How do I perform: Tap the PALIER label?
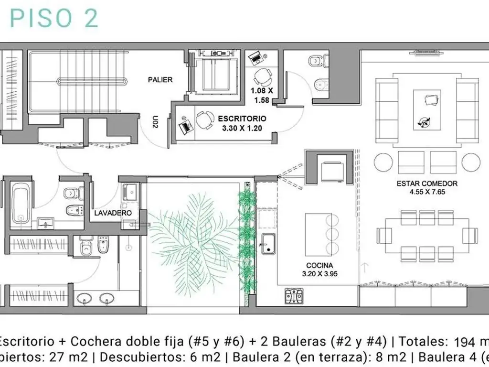[160, 80]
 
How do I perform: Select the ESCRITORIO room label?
[242, 118]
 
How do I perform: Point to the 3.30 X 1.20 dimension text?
[242, 128]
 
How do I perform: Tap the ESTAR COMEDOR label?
[426, 183]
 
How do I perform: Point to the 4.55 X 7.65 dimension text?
[426, 192]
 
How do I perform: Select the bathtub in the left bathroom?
[21, 203]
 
